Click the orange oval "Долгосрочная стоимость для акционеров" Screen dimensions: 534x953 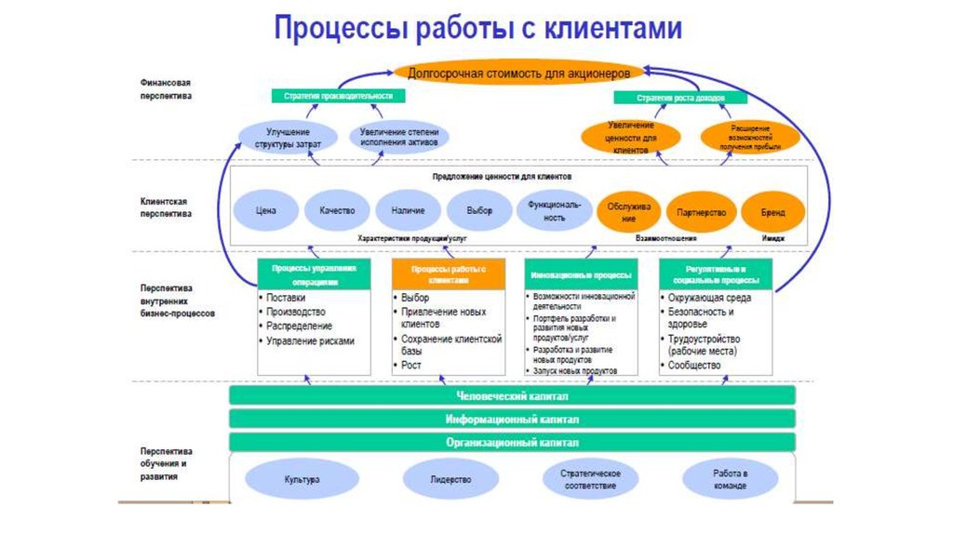[x=518, y=72]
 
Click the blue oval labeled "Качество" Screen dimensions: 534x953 [x=337, y=211]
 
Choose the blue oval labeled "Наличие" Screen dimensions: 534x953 [x=409, y=211]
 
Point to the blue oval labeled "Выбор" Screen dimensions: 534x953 [x=480, y=211]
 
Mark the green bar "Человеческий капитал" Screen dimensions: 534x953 [x=512, y=395]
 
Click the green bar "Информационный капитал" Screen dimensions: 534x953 [x=512, y=419]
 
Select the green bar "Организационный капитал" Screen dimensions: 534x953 [x=512, y=442]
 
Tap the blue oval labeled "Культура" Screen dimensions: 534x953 [x=302, y=480]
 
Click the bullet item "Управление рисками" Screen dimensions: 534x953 [x=310, y=340]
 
